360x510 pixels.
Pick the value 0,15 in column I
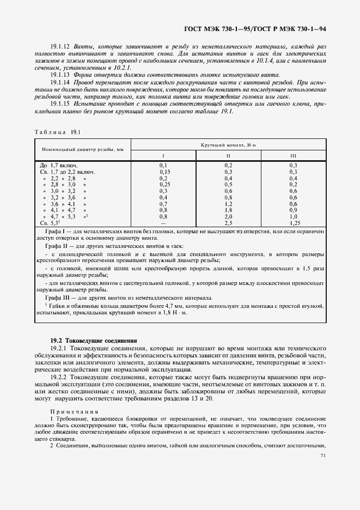164,171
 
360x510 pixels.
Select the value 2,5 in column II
228,223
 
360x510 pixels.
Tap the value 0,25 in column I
164,184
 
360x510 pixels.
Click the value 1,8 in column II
228,210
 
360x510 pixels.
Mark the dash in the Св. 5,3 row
164,223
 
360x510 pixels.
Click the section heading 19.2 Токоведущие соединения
93,340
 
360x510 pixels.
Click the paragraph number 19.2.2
58,377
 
